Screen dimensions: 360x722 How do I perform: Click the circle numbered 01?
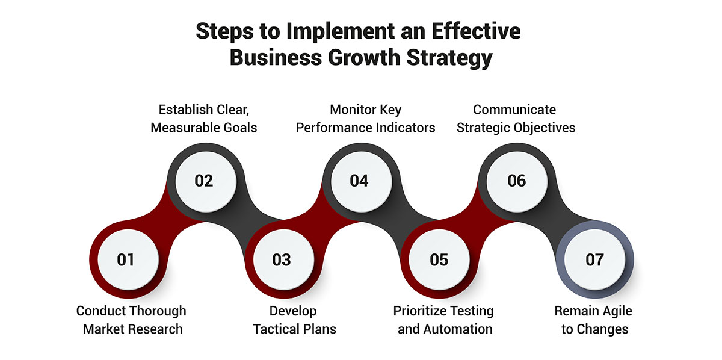point(126,259)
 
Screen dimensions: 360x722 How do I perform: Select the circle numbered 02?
point(204,181)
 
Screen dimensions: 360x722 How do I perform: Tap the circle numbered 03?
point(282,259)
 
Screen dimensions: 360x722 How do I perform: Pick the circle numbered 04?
point(359,181)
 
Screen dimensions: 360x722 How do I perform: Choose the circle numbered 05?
point(439,259)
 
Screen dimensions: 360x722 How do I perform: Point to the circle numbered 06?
point(516,181)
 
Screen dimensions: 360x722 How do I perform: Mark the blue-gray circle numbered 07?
point(594,259)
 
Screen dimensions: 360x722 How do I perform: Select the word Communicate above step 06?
point(514,110)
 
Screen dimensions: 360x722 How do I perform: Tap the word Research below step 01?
point(153,329)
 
